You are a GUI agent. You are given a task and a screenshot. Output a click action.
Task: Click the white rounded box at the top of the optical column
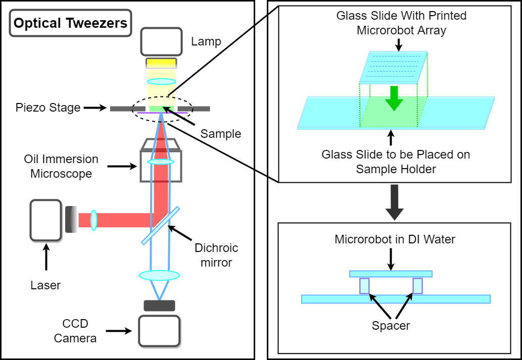[161, 41]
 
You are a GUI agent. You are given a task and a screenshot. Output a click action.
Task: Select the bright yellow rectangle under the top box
[161, 63]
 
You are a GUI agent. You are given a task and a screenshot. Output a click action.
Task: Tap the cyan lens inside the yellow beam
[161, 81]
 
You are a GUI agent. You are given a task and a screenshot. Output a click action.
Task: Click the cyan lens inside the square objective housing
[161, 162]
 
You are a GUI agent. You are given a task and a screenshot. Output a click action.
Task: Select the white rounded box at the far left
[45, 220]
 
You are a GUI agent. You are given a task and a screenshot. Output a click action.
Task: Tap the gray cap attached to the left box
[71, 220]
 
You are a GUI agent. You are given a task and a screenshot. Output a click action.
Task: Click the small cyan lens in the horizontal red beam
[93, 220]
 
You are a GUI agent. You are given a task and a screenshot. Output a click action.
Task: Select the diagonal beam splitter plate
[160, 226]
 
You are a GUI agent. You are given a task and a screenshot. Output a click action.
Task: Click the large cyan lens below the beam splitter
[159, 275]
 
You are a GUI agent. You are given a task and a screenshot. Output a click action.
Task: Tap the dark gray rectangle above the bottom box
[159, 305]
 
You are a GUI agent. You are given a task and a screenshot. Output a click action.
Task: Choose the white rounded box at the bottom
[159, 331]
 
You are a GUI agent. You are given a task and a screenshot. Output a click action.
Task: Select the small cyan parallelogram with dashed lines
[393, 67]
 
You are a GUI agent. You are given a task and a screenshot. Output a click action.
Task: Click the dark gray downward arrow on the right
[394, 202]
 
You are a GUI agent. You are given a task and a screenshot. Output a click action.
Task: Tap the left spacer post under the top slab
[364, 286]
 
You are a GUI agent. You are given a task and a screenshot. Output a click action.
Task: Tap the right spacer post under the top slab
[417, 286]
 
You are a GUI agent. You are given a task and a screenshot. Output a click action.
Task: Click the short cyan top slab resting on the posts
[391, 274]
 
